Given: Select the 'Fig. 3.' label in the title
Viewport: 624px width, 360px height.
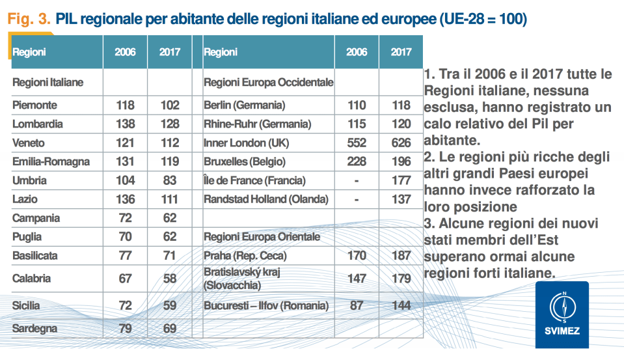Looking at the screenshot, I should click(28, 20).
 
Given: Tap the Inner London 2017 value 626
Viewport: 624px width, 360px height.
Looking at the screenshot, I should click(401, 143).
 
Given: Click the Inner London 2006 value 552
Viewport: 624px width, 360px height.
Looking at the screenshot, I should click(357, 143).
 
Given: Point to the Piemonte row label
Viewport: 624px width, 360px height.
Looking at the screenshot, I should click(35, 105).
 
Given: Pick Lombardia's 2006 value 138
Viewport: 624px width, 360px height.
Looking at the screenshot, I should click(125, 124).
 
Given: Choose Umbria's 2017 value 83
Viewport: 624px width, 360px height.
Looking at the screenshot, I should click(169, 180).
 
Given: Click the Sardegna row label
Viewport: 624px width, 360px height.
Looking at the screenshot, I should click(35, 328).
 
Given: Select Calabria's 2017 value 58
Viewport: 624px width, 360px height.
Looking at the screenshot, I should click(169, 279).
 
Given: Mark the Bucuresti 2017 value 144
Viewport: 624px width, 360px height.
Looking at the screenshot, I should click(401, 305).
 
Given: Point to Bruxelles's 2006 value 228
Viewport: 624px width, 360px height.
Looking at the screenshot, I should click(357, 161).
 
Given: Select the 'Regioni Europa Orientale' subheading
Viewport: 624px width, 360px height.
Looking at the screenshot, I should click(262, 237).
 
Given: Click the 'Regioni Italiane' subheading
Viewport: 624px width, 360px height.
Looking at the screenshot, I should click(48, 83).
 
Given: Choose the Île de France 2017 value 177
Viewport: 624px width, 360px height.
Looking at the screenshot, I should click(401, 180).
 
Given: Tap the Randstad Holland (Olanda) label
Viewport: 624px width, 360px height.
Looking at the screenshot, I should click(266, 199).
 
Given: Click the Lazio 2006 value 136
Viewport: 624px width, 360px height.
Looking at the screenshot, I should click(125, 199).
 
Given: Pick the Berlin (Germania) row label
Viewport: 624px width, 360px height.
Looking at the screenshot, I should click(245, 105).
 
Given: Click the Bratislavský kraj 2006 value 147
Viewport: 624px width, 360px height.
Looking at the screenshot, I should click(357, 279).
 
